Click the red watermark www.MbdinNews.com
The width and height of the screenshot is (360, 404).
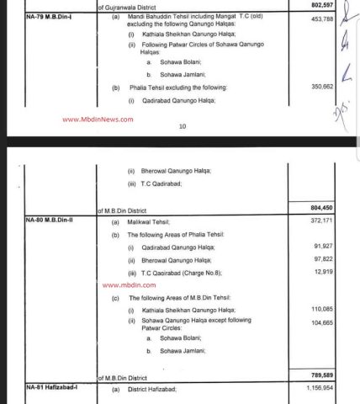98,120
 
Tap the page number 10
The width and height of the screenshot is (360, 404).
181,128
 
